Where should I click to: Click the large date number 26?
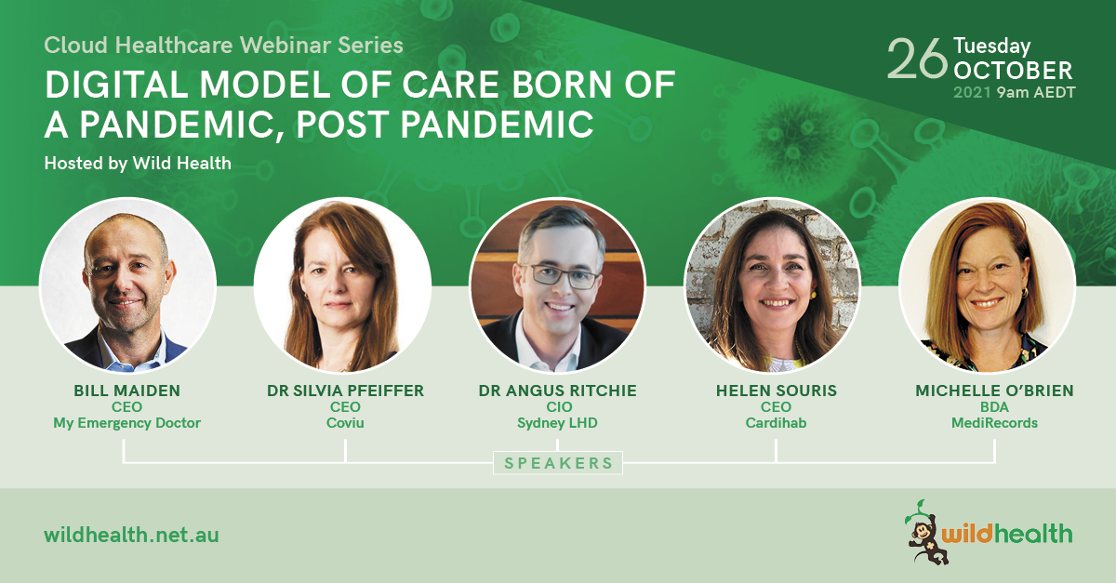point(917,60)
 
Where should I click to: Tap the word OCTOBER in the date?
point(1013,72)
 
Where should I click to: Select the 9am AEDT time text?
point(1036,93)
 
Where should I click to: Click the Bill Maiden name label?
point(127,391)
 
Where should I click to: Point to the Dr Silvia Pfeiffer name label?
point(345,391)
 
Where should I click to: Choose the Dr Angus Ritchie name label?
point(557,391)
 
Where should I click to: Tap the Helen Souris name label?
point(777,391)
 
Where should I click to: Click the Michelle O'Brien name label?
point(994,391)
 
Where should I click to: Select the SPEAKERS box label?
point(558,463)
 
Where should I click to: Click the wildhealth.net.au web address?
point(131,536)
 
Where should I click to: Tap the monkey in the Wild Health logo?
point(924,533)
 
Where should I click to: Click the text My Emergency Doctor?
point(127,423)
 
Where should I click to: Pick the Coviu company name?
point(345,423)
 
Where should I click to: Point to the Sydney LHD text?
point(557,423)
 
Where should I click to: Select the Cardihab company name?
point(777,423)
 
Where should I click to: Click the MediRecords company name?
point(994,423)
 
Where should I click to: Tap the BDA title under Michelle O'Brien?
point(994,407)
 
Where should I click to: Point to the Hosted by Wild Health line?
point(138,164)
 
